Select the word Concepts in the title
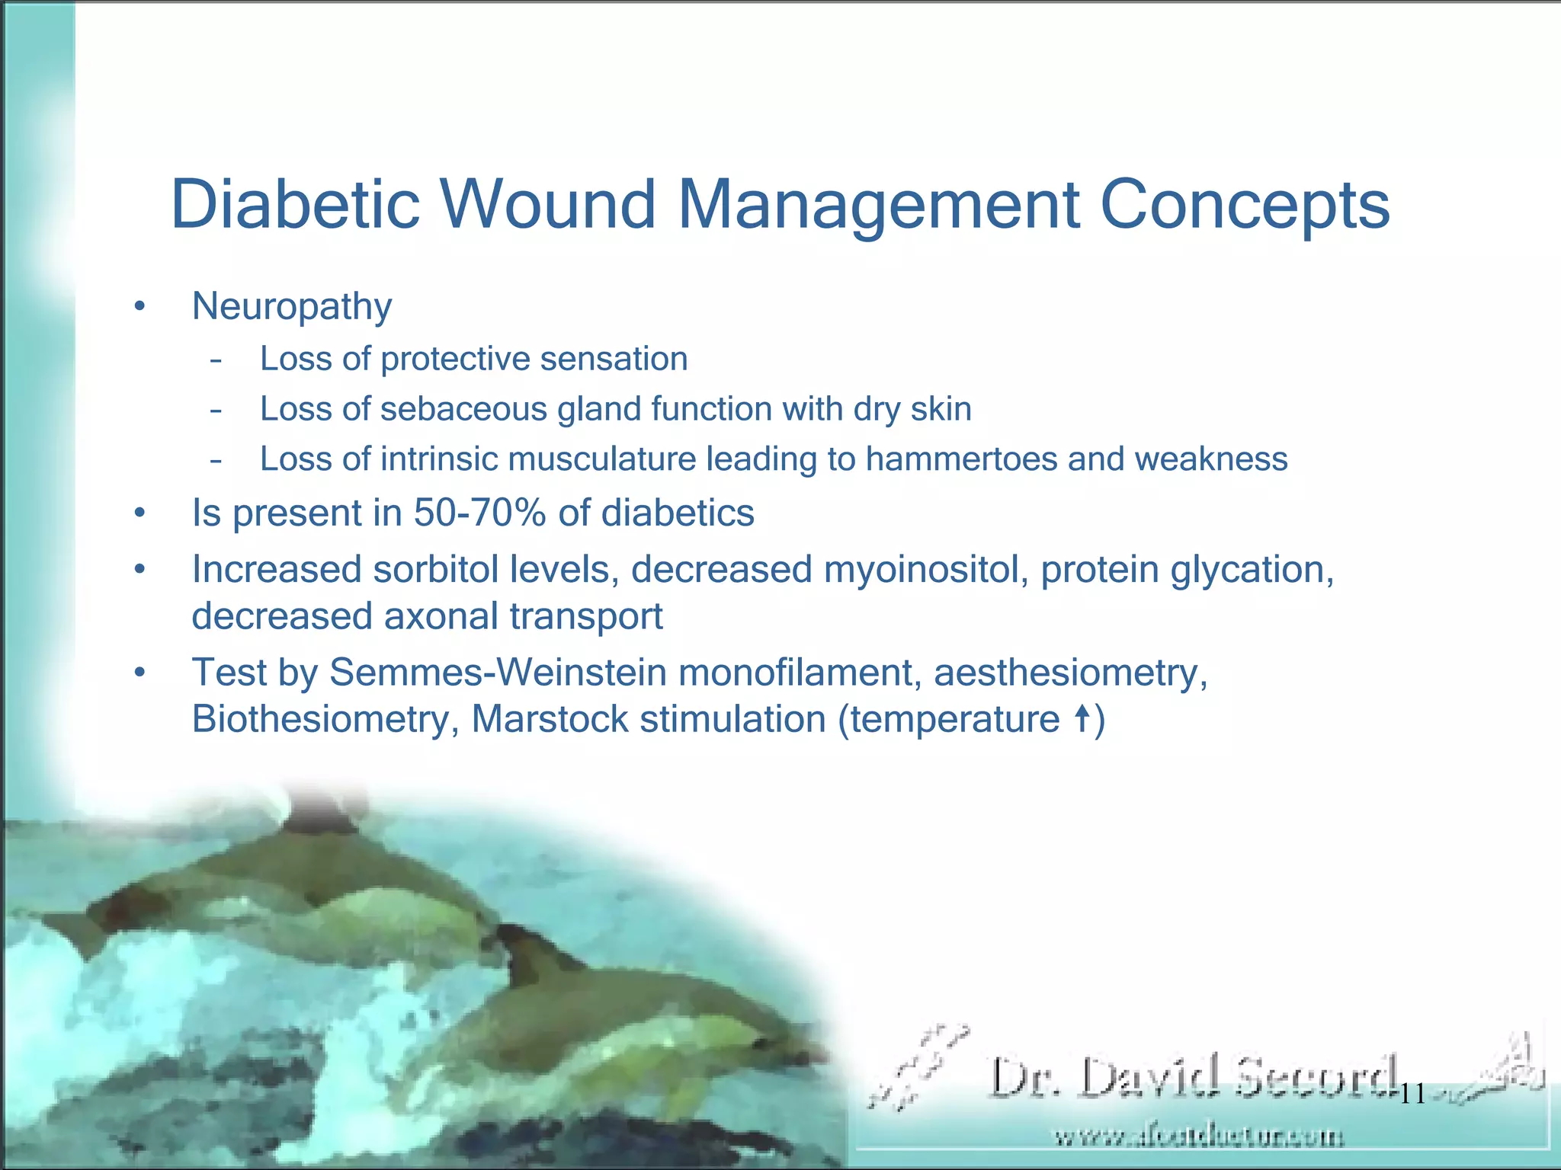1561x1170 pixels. (x=1245, y=206)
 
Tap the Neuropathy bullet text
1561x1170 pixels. (x=292, y=307)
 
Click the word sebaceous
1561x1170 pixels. (x=463, y=409)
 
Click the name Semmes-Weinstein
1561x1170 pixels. (x=498, y=673)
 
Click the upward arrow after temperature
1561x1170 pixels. (x=1081, y=718)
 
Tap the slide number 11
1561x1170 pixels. (x=1412, y=1095)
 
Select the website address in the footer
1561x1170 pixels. (x=1198, y=1137)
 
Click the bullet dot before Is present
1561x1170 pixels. (x=139, y=513)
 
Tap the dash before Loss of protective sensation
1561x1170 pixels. (x=216, y=360)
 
